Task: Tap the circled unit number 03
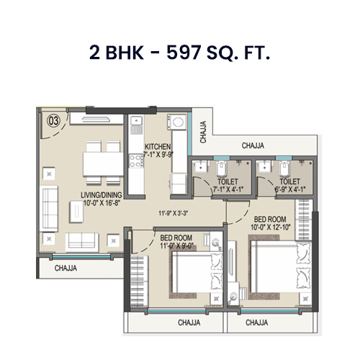[x=53, y=120]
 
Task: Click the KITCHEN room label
[x=158, y=146]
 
